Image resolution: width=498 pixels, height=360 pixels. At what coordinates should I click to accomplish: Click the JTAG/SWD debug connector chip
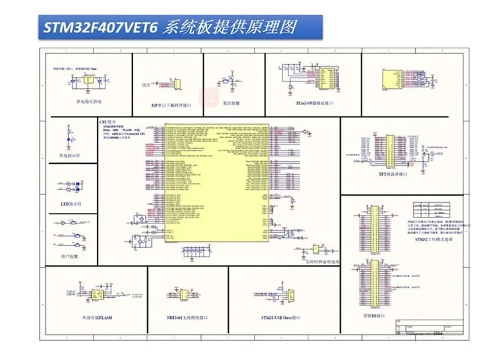[327, 77]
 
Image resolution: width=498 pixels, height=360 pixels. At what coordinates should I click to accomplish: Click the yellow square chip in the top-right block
[389, 78]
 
